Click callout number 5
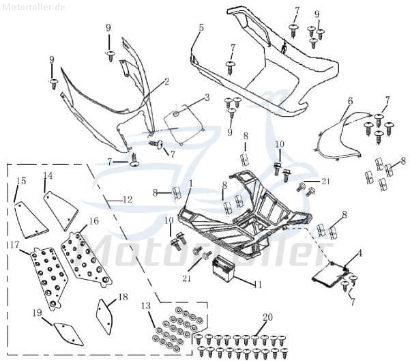(201, 27)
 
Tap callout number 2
(166, 81)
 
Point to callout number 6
(350, 101)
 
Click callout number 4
(360, 253)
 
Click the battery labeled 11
(224, 269)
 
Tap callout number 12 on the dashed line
(127, 200)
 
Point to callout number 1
(191, 184)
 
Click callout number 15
(21, 181)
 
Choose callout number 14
(48, 175)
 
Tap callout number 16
(93, 221)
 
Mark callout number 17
(14, 244)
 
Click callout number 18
(123, 297)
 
